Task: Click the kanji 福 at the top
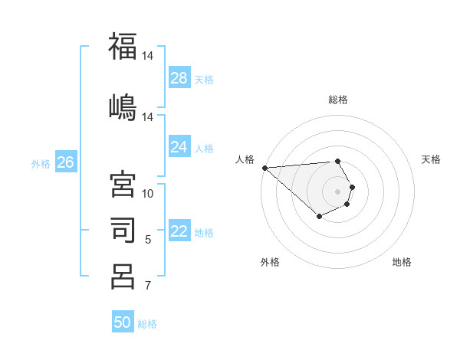123,46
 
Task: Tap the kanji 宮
123,185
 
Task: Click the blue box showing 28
179,78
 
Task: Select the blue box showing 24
179,147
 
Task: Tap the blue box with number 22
179,231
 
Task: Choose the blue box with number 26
65,162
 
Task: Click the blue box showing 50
123,322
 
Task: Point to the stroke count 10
148,194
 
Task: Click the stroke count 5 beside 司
148,240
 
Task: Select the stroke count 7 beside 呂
148,286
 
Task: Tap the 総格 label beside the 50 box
147,324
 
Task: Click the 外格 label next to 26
41,163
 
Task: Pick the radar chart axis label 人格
245,159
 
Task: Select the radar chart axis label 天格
432,159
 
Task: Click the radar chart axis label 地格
402,262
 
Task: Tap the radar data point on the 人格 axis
264,168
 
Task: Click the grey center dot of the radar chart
338,191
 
